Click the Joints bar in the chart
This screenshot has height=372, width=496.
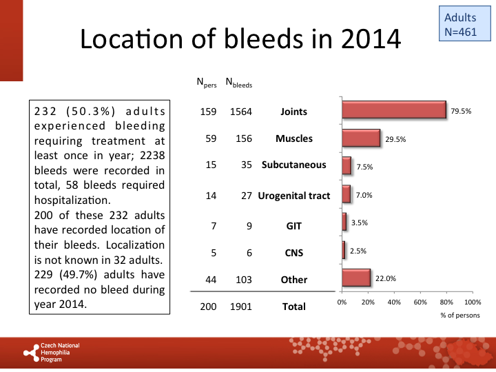tap(393, 110)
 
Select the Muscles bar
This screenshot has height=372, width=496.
tap(360, 138)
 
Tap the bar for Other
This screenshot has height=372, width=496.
tap(355, 278)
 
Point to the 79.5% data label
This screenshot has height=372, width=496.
tap(461, 111)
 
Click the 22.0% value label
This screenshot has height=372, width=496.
tap(386, 278)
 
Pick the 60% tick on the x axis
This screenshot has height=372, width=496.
tap(420, 302)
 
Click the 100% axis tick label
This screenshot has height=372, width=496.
tap(473, 302)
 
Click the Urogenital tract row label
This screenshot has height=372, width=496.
tap(294, 196)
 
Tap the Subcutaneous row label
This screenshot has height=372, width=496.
tap(293, 165)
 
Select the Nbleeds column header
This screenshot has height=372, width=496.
tap(239, 84)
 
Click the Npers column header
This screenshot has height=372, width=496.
tap(207, 84)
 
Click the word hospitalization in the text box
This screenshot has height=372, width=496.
tap(70, 200)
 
